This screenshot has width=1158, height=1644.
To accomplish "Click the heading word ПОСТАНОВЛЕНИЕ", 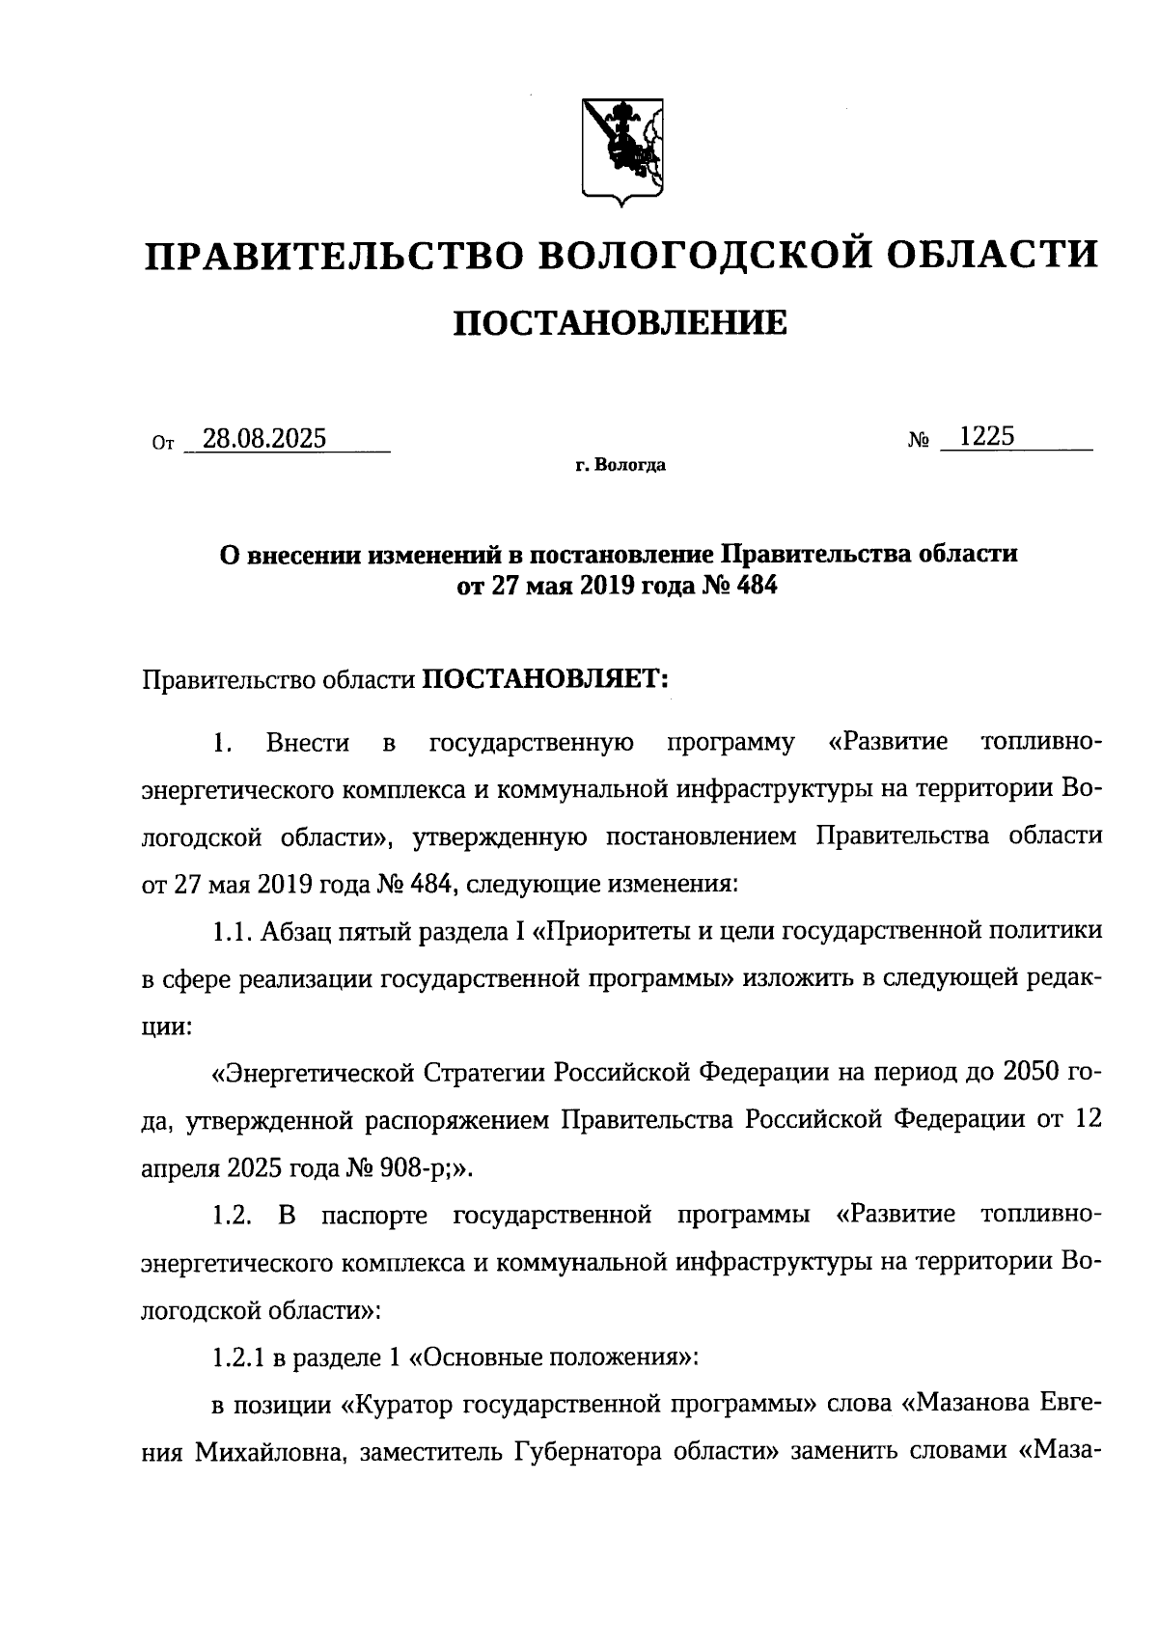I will (x=620, y=323).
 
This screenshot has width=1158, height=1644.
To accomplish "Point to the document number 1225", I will (x=987, y=437).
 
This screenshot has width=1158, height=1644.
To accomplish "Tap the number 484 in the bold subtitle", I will (x=755, y=587).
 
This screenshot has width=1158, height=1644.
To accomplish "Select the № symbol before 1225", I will (x=919, y=441).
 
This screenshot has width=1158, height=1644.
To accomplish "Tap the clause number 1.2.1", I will (x=237, y=1357).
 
